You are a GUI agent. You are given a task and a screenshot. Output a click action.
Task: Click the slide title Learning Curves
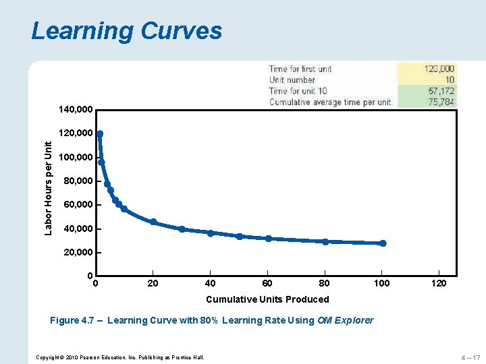tap(126, 31)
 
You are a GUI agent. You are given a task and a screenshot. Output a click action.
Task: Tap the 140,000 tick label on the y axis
tap(76, 109)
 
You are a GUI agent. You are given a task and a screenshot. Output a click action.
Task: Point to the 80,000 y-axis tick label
tap(78, 181)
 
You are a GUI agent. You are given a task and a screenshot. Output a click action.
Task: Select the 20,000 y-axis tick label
tap(78, 252)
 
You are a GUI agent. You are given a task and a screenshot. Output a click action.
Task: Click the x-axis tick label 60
tap(267, 283)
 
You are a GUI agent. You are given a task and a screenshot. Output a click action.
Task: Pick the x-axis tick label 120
tap(439, 283)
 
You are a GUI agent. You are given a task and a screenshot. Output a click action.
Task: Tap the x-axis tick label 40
tap(210, 283)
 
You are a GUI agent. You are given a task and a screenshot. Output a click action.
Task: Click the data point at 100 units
tap(383, 243)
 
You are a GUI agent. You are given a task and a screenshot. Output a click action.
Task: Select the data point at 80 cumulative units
tap(325, 241)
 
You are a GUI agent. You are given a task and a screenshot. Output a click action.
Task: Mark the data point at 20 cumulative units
tap(153, 222)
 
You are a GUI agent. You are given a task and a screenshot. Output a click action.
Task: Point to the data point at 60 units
tap(269, 238)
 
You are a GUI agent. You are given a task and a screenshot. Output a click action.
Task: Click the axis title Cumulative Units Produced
tap(267, 299)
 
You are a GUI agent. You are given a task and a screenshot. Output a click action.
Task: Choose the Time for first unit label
tap(300, 69)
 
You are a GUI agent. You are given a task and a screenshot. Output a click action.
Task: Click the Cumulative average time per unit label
tap(330, 102)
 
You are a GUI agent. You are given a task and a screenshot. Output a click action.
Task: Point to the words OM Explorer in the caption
tap(344, 320)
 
